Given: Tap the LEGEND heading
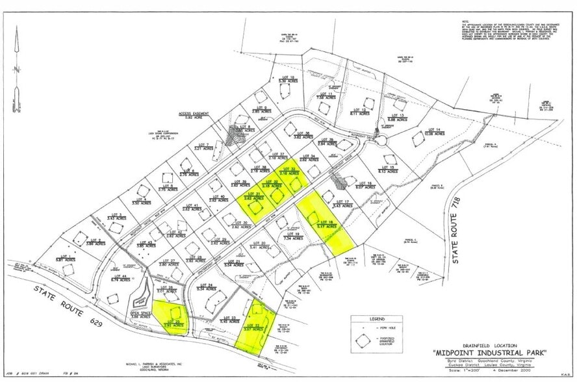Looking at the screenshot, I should point(379,319).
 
